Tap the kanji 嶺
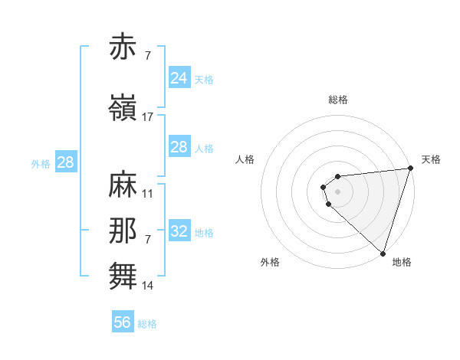click(123, 109)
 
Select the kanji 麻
click(123, 186)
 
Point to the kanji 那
click(123, 231)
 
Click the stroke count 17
click(148, 117)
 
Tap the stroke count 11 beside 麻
click(148, 194)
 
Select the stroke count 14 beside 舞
click(148, 286)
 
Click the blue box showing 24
click(179, 78)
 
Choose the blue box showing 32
click(179, 231)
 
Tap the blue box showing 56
click(122, 322)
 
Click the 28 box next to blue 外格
click(65, 162)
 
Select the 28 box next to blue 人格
click(179, 147)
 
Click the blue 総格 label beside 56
click(147, 324)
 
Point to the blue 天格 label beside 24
click(204, 80)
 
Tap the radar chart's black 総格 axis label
click(338, 100)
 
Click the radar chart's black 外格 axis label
click(270, 263)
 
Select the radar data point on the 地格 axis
click(383, 254)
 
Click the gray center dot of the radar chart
click(337, 191)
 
